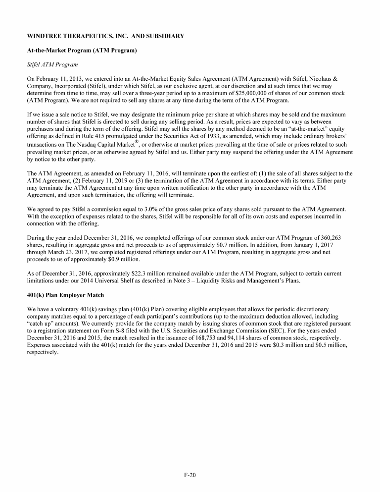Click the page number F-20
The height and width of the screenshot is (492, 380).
pyautogui.click(x=190, y=475)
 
